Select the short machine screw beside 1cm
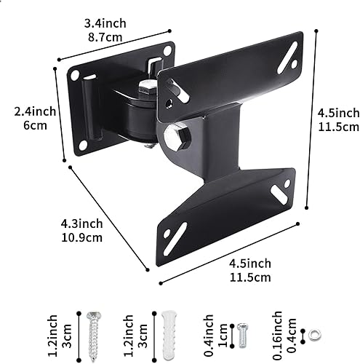coord(242,333)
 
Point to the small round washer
coord(313,335)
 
